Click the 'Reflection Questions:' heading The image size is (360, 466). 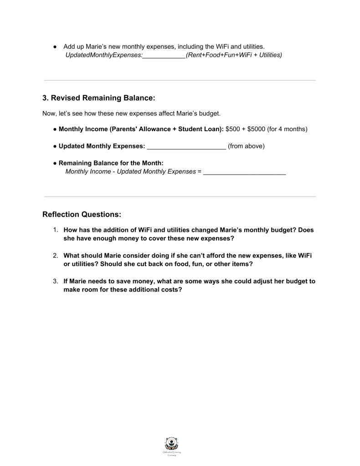point(82,214)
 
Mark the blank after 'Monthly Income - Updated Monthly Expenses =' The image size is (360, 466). point(244,172)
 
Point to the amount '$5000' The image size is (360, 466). point(257,129)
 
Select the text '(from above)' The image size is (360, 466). point(246,146)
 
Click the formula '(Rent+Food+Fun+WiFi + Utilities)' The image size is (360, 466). point(234,55)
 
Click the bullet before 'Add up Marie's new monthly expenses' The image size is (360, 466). point(54,46)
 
